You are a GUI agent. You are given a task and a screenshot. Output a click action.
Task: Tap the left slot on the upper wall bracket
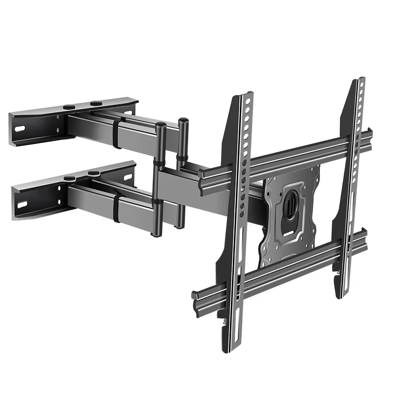coord(20,129)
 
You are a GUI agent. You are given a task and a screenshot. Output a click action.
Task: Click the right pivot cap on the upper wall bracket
coord(96,103)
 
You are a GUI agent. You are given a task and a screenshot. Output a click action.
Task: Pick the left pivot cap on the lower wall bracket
coord(70,177)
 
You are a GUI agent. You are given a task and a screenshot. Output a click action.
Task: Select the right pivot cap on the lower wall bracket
coord(93,173)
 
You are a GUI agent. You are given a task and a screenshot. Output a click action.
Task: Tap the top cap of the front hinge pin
coord(160,125)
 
